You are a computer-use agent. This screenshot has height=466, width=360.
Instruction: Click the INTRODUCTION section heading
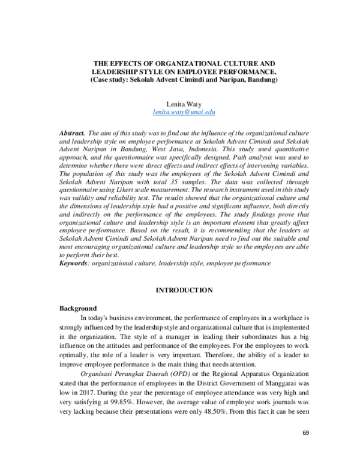[184, 291]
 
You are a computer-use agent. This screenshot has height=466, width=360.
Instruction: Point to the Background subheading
[78, 308]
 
